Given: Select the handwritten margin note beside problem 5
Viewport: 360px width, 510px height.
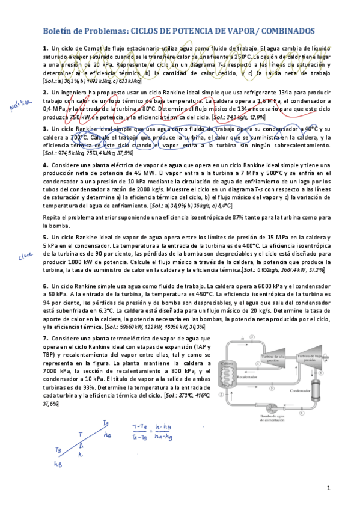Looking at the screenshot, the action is coord(24,256).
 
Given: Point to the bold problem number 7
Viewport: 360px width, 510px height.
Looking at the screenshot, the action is coord(45,338).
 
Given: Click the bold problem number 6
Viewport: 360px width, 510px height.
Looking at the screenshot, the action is coord(45,286).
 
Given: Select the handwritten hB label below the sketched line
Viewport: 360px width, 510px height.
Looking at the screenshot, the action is coord(58,464).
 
